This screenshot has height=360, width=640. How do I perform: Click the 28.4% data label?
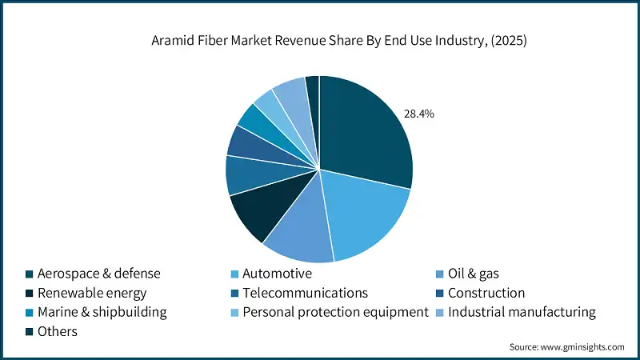(418, 114)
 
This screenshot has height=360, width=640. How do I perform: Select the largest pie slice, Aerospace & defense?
(364, 132)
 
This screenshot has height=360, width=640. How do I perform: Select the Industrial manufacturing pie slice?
(292, 98)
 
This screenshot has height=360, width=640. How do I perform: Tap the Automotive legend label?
(272, 274)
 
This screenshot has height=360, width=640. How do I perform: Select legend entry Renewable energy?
(91, 293)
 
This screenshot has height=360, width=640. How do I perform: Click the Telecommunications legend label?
(305, 293)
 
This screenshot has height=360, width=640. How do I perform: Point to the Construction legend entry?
(486, 293)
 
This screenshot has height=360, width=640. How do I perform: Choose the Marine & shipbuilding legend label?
(102, 312)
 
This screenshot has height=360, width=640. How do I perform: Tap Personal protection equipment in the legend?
(336, 312)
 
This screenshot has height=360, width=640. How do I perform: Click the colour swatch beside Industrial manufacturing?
(439, 313)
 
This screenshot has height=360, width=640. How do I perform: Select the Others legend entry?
(57, 331)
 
